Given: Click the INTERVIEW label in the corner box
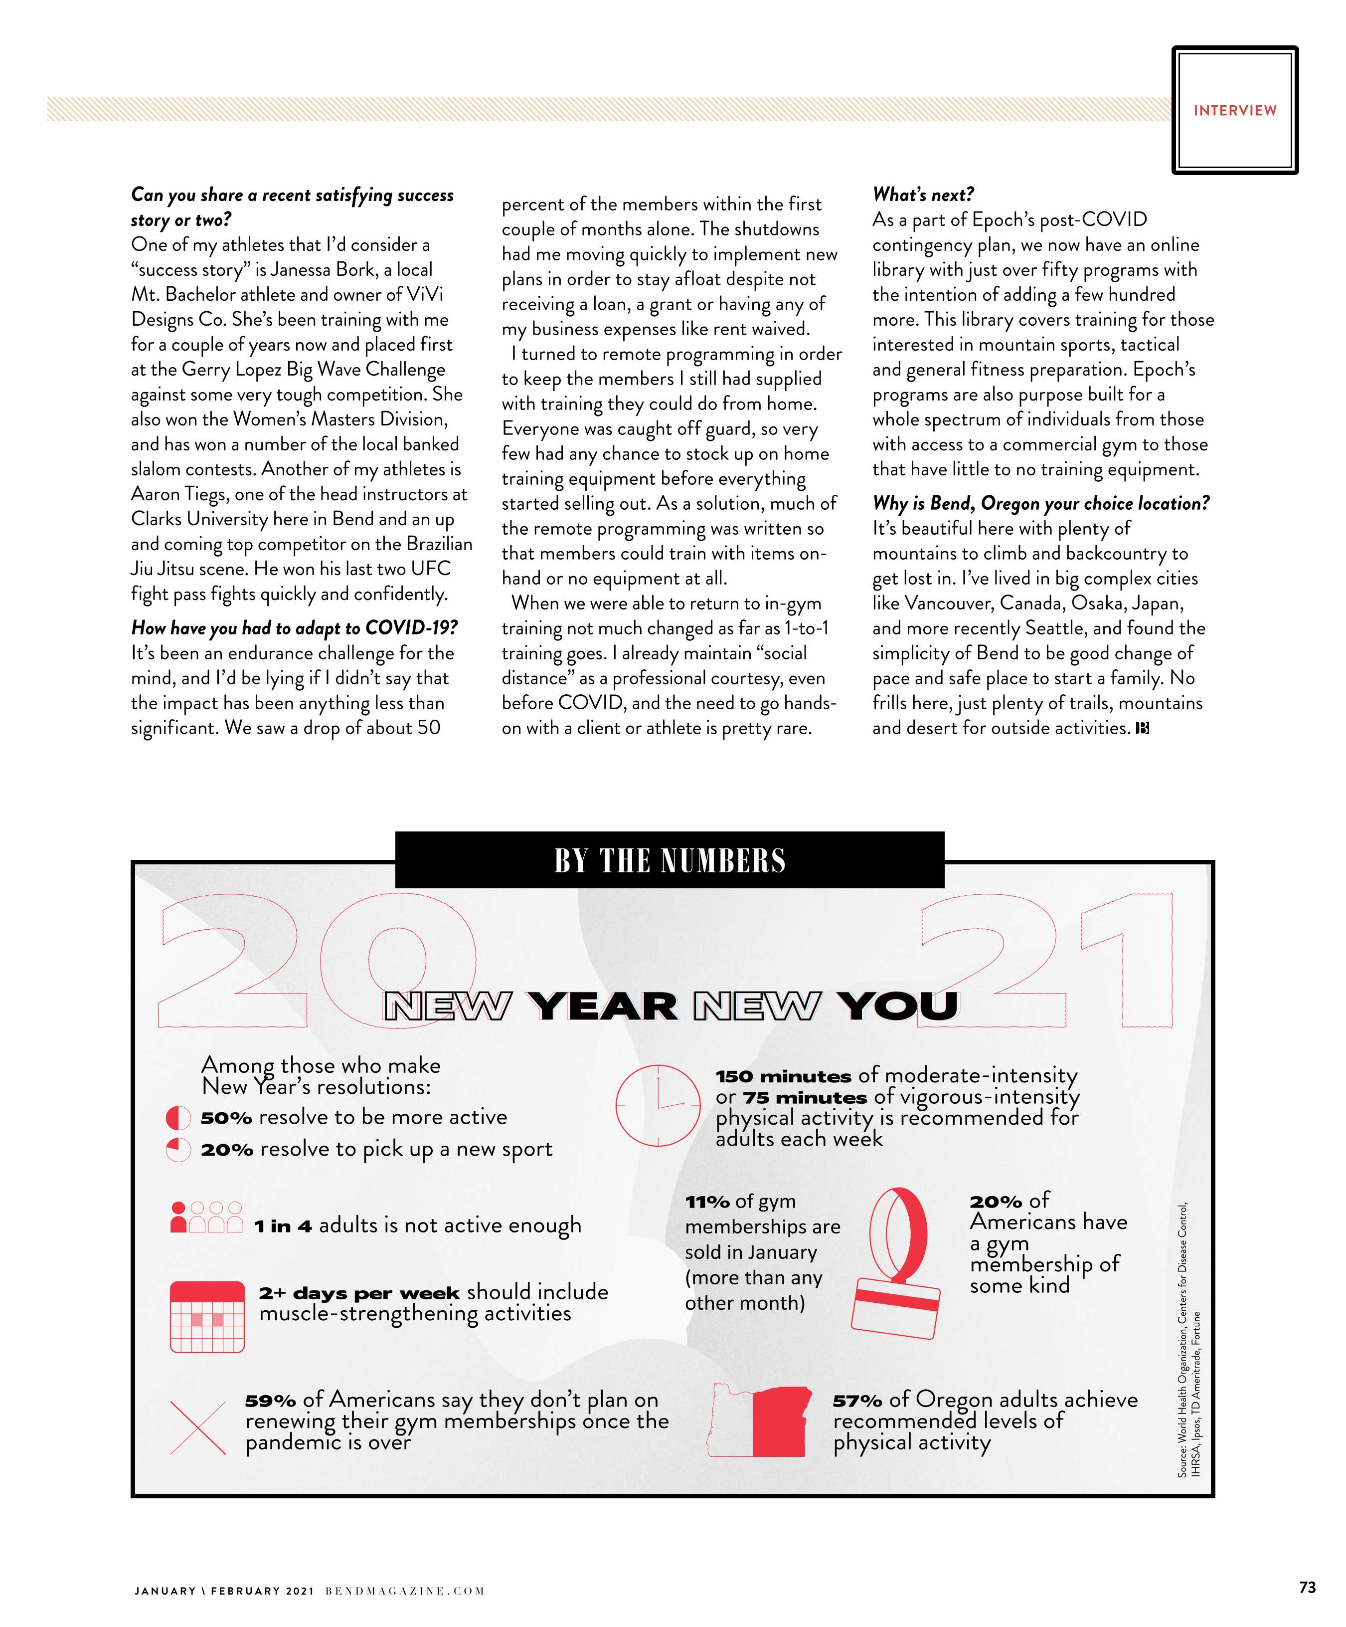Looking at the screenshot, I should (x=1234, y=111).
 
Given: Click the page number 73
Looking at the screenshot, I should (x=1307, y=1588).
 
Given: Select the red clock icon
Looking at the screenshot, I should (x=658, y=1105).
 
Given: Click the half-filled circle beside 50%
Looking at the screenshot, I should (x=178, y=1118).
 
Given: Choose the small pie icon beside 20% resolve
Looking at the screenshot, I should (x=178, y=1150).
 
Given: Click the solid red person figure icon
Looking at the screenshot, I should (x=178, y=1217).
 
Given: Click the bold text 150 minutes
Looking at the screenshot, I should (x=783, y=1076).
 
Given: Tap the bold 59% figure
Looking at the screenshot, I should (x=270, y=1401).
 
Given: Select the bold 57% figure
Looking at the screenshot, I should (x=857, y=1401).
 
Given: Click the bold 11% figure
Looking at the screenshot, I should (x=707, y=1202).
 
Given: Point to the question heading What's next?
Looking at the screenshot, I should (x=923, y=195).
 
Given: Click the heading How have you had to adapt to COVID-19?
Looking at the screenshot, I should (x=294, y=627).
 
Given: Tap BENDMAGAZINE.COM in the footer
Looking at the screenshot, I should (x=404, y=1591).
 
